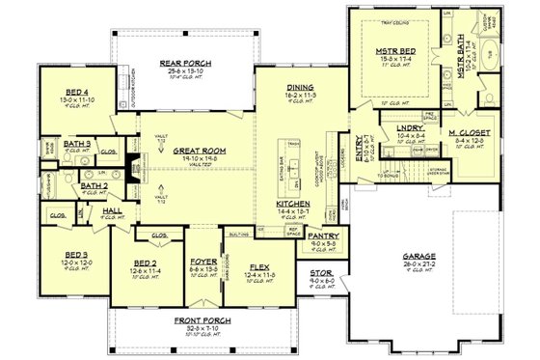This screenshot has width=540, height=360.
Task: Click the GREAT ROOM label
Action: tap(199, 151)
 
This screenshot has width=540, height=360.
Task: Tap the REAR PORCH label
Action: tap(178, 64)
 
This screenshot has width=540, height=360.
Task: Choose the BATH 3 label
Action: tap(76, 144)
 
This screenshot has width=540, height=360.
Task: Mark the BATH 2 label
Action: tap(94, 186)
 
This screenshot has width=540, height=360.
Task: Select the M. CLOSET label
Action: tap(470, 131)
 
